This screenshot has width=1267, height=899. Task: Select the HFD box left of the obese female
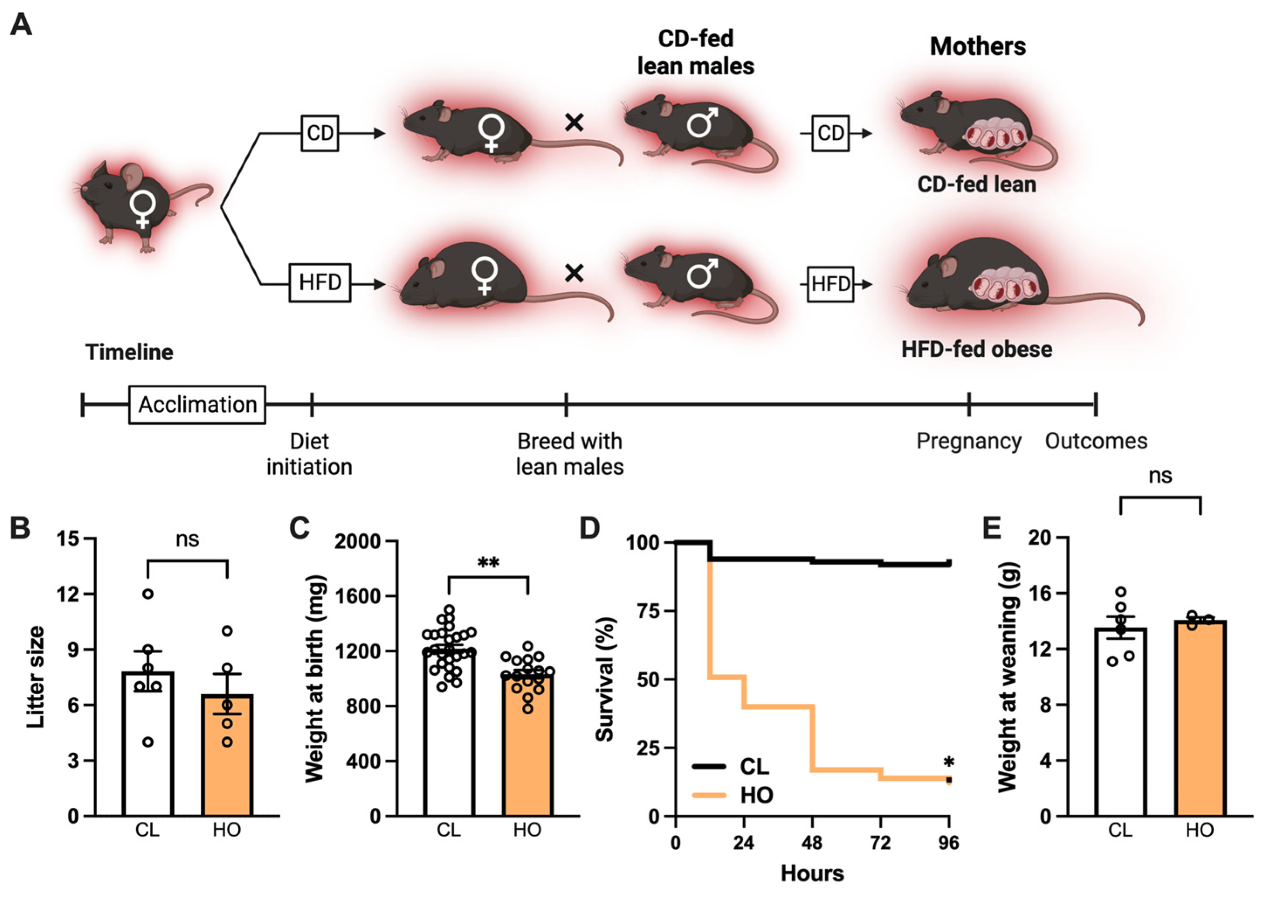320,282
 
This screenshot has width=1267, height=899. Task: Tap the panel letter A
21,25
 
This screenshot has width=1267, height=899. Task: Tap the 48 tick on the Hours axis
812,843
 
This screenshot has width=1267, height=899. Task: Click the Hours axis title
812,874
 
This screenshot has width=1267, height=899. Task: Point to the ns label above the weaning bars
1160,476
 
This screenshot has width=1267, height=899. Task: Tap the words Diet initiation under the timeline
309,454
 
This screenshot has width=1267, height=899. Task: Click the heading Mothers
978,46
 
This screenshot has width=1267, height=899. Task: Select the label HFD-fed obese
976,349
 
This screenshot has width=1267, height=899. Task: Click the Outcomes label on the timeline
1096,441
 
